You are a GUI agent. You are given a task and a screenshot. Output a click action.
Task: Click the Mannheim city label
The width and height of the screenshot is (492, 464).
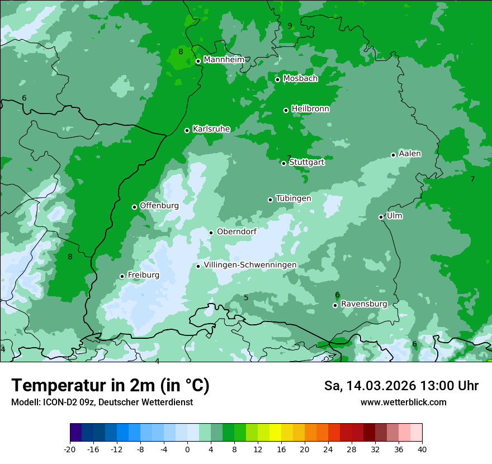(x=224, y=60)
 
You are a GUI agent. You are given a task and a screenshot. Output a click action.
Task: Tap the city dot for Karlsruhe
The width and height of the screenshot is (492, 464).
(x=187, y=130)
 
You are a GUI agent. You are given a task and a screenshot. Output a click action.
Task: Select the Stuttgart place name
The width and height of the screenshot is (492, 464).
(x=306, y=163)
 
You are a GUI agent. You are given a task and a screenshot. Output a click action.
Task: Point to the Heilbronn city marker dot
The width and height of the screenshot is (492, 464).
(x=286, y=110)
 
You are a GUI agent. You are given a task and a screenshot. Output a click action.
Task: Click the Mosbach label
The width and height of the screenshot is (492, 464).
(x=300, y=79)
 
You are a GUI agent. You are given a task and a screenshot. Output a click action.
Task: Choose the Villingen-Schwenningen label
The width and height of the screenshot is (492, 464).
(x=250, y=265)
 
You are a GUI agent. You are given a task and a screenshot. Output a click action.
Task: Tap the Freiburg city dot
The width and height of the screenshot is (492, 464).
(x=122, y=276)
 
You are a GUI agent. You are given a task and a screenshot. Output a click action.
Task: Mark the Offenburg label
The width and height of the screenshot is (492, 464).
(x=159, y=206)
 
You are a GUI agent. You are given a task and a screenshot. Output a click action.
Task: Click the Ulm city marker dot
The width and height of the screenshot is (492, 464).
(x=381, y=217)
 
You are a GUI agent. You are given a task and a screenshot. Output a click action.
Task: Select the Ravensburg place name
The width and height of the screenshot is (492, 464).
(x=364, y=304)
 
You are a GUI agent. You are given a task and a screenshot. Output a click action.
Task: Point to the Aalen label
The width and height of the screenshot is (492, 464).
(x=410, y=154)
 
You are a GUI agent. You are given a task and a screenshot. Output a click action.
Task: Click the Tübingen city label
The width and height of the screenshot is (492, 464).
(x=294, y=198)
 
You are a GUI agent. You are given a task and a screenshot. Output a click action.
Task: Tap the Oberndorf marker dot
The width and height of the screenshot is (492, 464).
(x=211, y=233)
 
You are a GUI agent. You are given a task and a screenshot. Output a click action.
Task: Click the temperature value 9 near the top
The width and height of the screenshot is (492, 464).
(x=290, y=26)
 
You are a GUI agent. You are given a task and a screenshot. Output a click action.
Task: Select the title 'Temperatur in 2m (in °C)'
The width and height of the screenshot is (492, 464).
(x=110, y=385)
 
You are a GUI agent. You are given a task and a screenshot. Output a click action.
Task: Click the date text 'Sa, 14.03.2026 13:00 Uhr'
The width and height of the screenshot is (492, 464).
(x=401, y=386)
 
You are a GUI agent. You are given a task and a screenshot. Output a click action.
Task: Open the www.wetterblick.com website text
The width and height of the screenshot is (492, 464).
(x=403, y=403)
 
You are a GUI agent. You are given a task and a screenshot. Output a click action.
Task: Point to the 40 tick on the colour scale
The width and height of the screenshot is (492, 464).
(x=422, y=449)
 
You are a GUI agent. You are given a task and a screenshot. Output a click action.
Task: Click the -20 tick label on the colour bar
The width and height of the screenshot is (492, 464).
(x=70, y=449)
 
